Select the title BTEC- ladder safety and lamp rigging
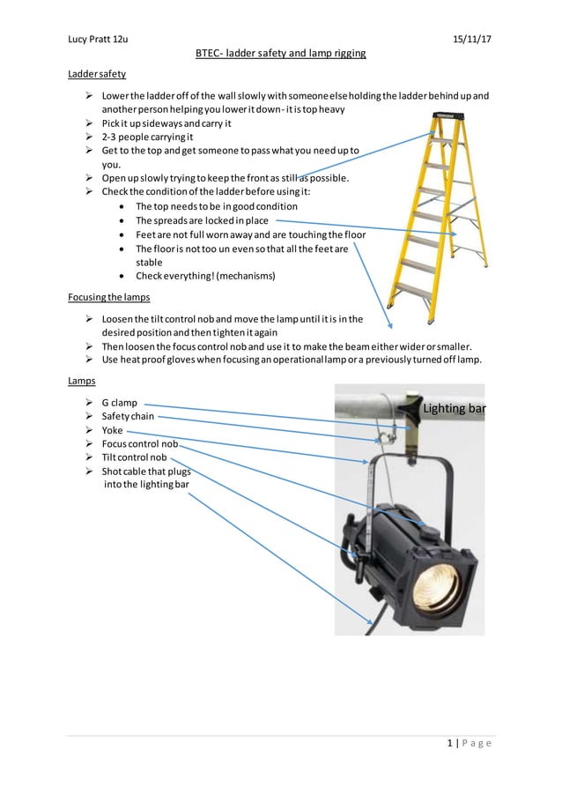[x=280, y=54]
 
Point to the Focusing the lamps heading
[x=108, y=297]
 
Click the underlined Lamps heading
[x=82, y=381]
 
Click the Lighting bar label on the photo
[x=454, y=409]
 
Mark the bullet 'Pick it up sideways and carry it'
[x=166, y=123]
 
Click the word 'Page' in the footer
[x=476, y=742]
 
